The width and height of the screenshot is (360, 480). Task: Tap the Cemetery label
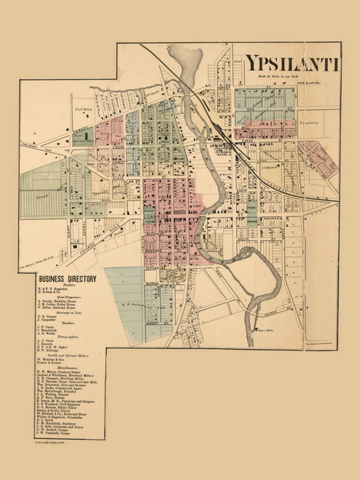(x=310, y=123)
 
